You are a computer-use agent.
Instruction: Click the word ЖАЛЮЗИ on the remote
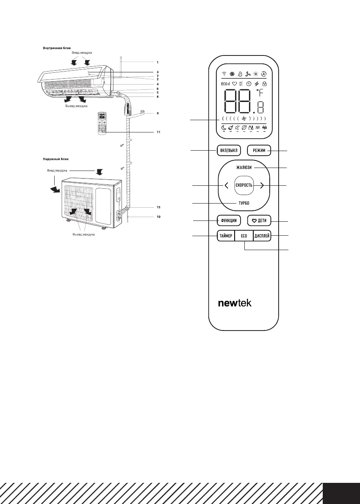click(x=244, y=168)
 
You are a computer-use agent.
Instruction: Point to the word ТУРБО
click(x=244, y=204)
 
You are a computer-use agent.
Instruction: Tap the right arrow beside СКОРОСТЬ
click(x=261, y=185)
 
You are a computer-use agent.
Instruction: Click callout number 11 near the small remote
click(x=158, y=132)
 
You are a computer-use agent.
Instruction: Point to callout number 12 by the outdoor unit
click(x=158, y=207)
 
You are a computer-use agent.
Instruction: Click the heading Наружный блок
click(x=55, y=159)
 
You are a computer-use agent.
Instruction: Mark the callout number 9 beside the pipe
click(x=158, y=113)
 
